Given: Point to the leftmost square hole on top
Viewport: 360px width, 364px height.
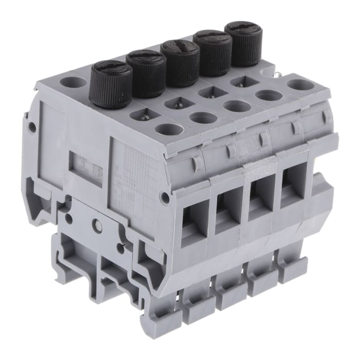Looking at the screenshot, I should [143, 114].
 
